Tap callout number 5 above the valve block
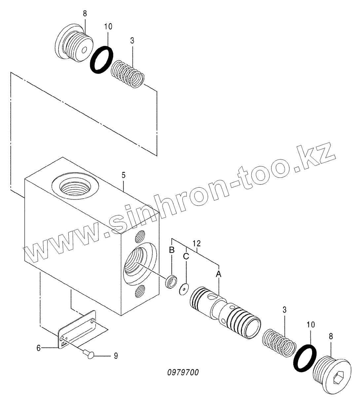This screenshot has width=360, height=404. pyautogui.click(x=123, y=176)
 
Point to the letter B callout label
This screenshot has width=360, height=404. pyautogui.click(x=172, y=250)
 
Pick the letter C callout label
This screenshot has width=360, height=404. pyautogui.click(x=186, y=256)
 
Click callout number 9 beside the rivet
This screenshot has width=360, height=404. pyautogui.click(x=115, y=356)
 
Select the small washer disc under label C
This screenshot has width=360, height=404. pyautogui.click(x=183, y=289)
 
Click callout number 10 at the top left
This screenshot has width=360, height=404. pyautogui.click(x=109, y=26)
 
